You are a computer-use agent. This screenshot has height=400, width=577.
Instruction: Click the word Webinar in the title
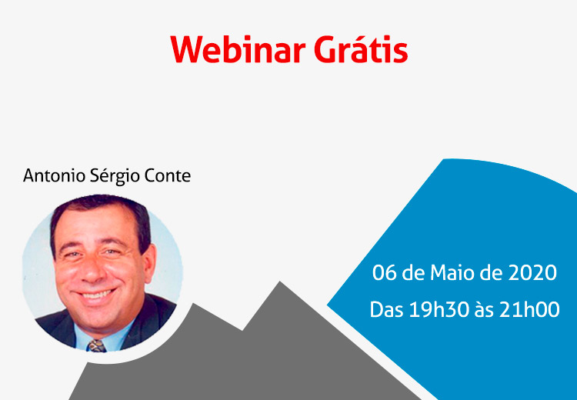pos(238,49)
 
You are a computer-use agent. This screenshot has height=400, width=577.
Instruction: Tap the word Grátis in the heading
pos(361,48)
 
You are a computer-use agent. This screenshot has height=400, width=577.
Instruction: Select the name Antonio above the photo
pos(54,175)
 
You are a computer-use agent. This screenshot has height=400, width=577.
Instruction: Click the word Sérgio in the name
pos(115,176)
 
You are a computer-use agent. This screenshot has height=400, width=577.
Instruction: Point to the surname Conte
pos(168,176)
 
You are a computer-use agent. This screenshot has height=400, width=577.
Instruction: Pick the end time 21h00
pos(529,309)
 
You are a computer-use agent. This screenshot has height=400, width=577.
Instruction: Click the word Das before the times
pos(386,309)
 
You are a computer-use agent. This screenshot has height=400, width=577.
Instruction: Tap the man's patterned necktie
pos(96,346)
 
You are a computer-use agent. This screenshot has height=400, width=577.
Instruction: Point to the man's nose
pos(92,272)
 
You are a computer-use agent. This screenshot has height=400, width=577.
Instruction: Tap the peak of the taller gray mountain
pos(280,282)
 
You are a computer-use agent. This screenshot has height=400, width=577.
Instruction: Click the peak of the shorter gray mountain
pos(194,304)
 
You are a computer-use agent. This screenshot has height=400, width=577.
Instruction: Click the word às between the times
pos(484,309)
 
